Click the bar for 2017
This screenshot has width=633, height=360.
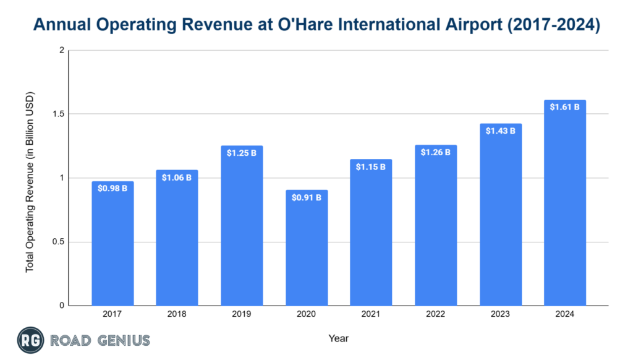(113, 247)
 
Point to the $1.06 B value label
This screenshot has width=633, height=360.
(177, 178)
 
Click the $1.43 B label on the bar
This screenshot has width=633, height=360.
(500, 131)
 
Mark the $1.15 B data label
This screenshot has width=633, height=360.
(371, 167)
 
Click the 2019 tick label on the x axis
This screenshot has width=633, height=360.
(242, 314)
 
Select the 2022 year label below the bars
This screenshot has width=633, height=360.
(436, 314)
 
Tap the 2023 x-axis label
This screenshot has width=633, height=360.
(500, 314)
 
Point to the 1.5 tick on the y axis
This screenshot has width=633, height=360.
(59, 114)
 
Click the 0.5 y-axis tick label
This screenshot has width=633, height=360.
(59, 242)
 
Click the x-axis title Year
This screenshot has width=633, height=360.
(339, 338)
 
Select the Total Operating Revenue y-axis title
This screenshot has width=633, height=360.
(30, 182)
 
